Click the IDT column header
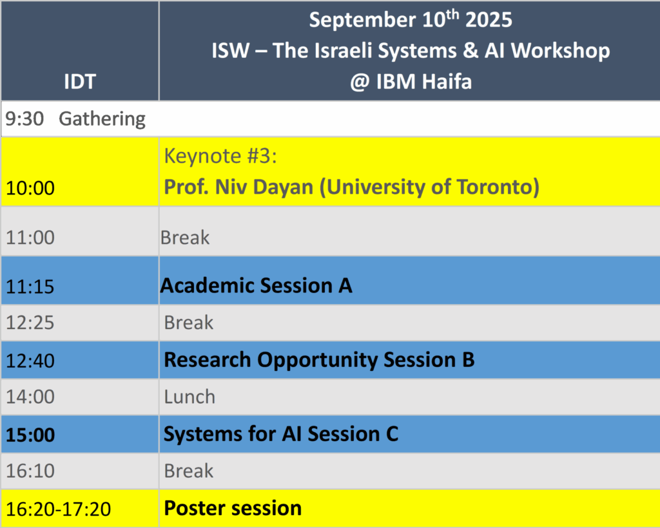click(x=80, y=81)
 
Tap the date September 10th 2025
click(x=411, y=19)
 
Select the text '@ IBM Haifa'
click(x=411, y=81)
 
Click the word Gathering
click(x=102, y=119)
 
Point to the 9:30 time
click(x=24, y=118)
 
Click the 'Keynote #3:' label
click(x=220, y=156)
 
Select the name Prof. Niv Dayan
click(x=238, y=187)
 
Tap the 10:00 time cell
click(x=30, y=187)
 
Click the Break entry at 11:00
click(x=185, y=238)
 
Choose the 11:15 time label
click(x=30, y=287)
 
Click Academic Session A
click(x=257, y=286)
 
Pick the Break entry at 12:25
click(x=189, y=323)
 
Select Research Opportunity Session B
click(x=320, y=361)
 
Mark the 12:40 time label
click(x=30, y=361)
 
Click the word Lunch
click(x=189, y=397)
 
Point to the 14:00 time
click(x=30, y=397)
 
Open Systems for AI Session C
click(x=281, y=434)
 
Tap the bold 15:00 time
click(x=30, y=435)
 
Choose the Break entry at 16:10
click(x=189, y=471)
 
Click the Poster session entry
click(x=233, y=508)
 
